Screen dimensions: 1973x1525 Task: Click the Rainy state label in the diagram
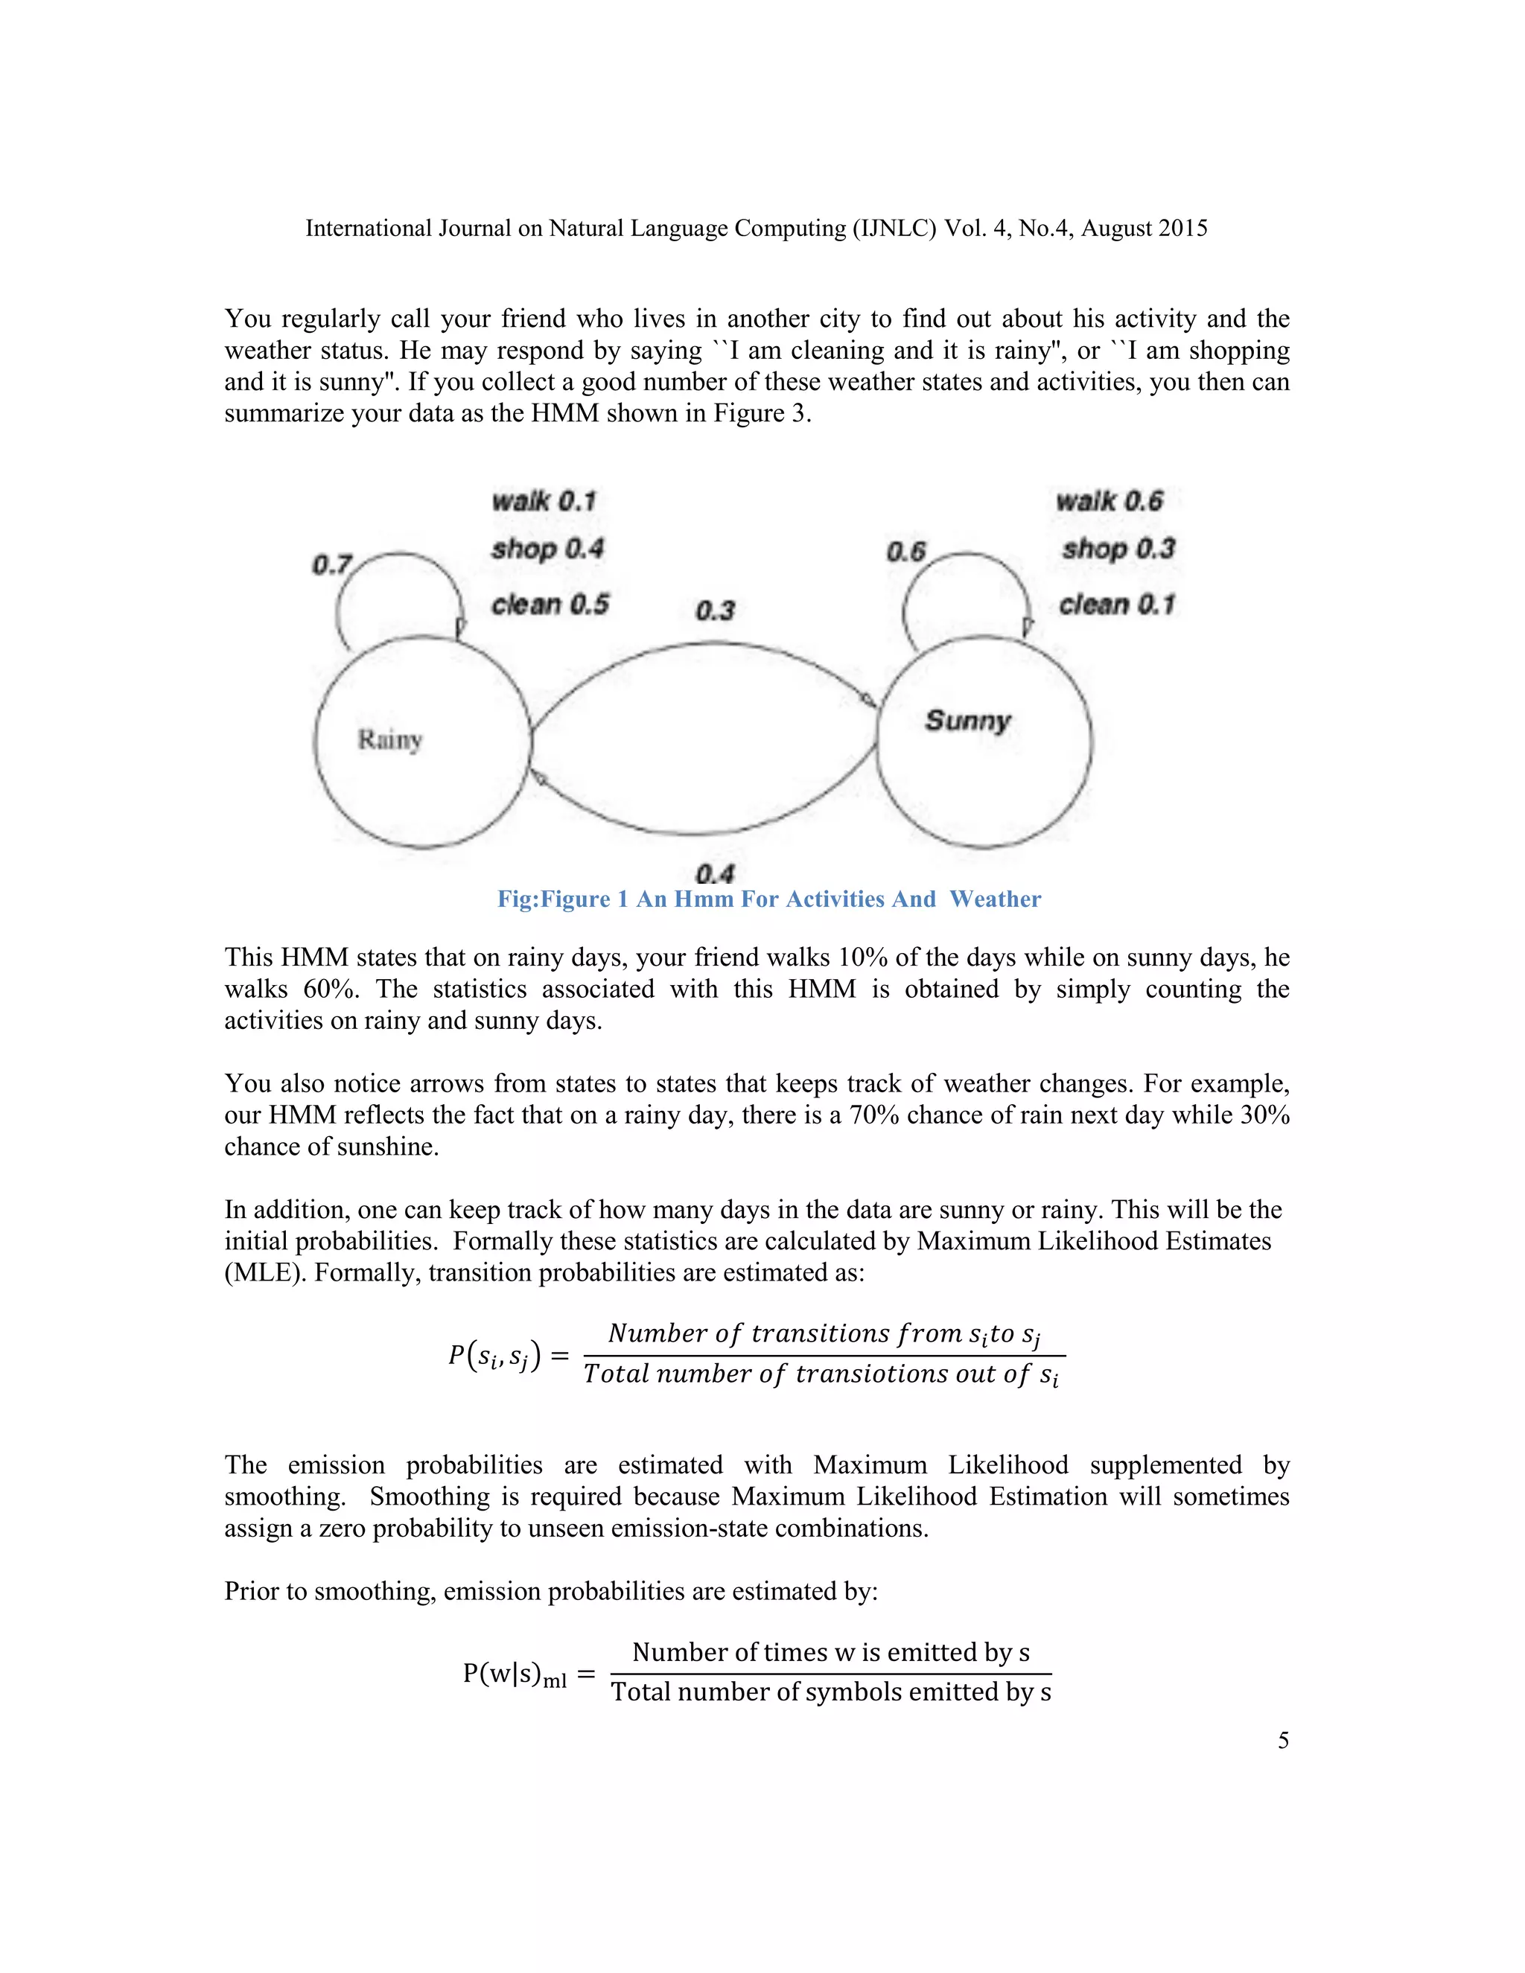pos(390,740)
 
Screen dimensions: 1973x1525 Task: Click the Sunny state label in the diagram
pos(967,720)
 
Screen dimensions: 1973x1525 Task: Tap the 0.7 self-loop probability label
pos(331,566)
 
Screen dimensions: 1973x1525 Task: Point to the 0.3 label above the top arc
pos(716,611)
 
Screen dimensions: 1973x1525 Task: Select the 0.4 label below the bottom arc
pos(715,873)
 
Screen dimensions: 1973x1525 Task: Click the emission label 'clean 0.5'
pos(550,605)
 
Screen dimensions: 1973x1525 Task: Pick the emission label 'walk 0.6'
pos(1109,500)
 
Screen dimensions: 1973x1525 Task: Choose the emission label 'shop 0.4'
pos(547,549)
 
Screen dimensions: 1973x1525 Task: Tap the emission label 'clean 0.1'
pos(1118,605)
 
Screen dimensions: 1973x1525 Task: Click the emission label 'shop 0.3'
pos(1118,549)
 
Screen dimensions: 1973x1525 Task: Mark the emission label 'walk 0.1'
pos(544,500)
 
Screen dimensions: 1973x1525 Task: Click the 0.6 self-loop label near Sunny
pos(906,552)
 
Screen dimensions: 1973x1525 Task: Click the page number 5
pos(1283,1740)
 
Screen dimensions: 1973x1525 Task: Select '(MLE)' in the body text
pos(264,1273)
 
